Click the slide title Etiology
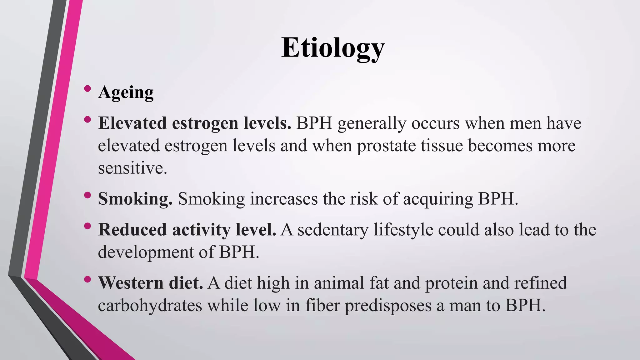(333, 48)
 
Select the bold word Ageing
(126, 92)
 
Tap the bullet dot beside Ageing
(87, 89)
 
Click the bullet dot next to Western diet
(87, 279)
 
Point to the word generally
(372, 123)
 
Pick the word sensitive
(132, 168)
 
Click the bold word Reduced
(132, 230)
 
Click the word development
(146, 252)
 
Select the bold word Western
(131, 283)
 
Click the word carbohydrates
(150, 306)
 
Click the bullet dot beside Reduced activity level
(87, 226)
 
